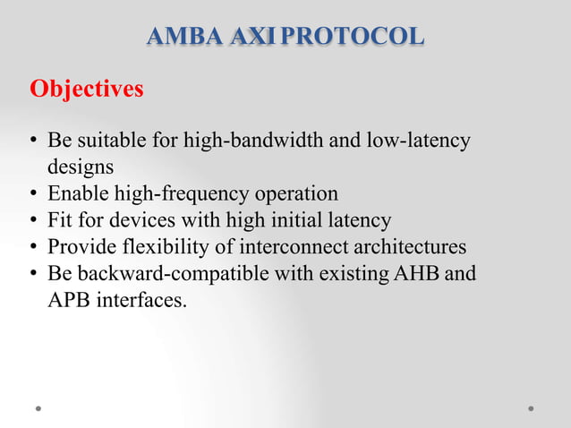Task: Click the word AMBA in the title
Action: tap(175, 37)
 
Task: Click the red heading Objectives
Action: tap(87, 90)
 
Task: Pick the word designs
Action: tap(81, 167)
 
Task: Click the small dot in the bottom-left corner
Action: tap(38, 408)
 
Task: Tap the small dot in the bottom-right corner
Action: tap(531, 408)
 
